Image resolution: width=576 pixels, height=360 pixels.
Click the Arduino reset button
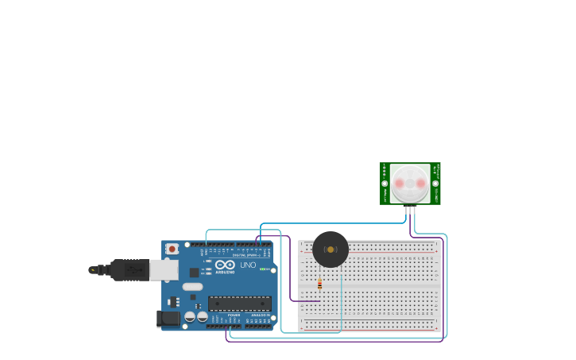172,249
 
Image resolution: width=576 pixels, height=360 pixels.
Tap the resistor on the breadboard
319,284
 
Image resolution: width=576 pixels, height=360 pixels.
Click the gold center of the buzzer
331,250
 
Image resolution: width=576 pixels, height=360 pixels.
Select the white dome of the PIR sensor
410,184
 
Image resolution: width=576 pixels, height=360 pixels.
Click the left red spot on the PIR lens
399,184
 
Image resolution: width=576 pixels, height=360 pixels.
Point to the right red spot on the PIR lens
421,184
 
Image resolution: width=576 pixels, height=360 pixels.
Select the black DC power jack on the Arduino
168,319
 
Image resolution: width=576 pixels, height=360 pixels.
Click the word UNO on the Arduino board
247,265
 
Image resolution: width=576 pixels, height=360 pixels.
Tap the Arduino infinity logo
225,265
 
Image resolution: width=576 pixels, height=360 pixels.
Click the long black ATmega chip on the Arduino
239,303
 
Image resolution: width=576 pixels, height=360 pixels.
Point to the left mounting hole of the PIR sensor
385,184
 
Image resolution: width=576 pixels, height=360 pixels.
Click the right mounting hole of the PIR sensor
435,184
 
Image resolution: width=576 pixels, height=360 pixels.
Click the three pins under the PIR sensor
410,209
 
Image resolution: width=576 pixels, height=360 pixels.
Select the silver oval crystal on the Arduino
193,286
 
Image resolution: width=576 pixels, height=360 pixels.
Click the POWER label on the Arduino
234,315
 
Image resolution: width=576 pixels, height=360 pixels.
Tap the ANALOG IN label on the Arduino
260,315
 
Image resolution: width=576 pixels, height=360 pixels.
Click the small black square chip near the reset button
194,273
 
